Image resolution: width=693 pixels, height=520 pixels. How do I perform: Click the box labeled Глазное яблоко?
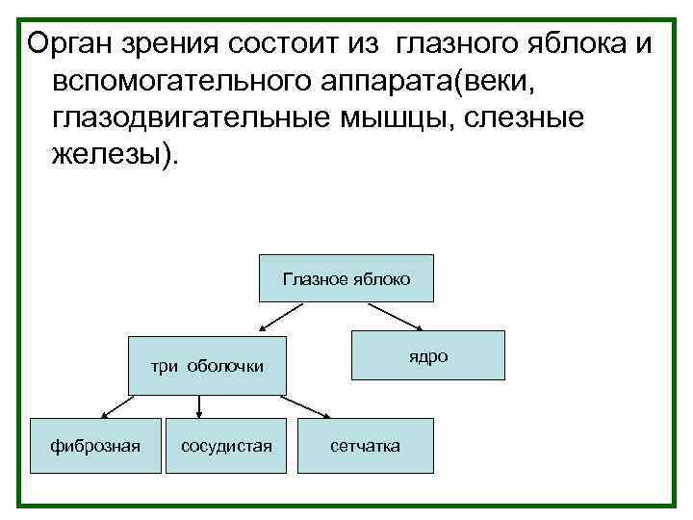(346, 279)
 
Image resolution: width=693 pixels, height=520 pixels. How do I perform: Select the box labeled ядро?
(427, 355)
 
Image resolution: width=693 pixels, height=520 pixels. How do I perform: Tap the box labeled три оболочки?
(208, 366)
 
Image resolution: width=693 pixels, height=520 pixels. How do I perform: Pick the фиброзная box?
(96, 446)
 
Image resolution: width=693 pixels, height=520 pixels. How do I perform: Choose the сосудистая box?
(226, 446)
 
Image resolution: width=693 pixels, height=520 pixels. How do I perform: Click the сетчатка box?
(365, 446)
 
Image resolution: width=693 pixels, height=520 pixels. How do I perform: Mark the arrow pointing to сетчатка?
(311, 406)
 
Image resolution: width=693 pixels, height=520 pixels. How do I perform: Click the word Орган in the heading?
(73, 43)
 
